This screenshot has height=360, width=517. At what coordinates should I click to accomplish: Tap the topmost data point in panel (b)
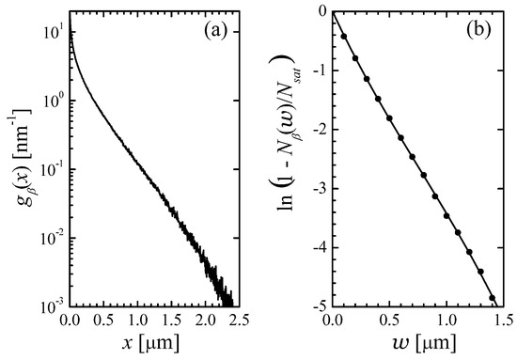click(344, 36)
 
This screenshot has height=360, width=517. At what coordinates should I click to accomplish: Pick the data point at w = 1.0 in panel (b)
click(446, 215)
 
